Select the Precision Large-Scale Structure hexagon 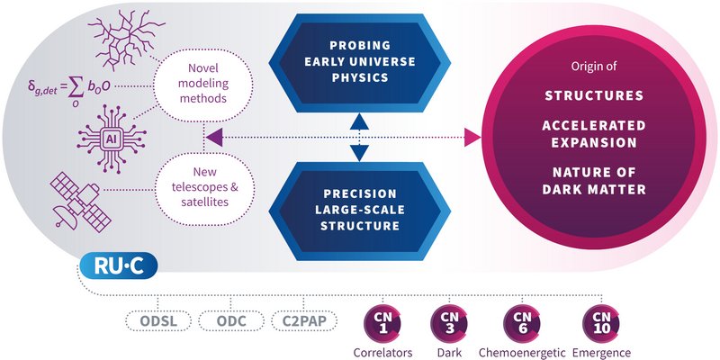[x=359, y=210]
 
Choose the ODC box [x=229, y=321]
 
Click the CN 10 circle [x=599, y=319]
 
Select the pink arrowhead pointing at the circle [x=471, y=137]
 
